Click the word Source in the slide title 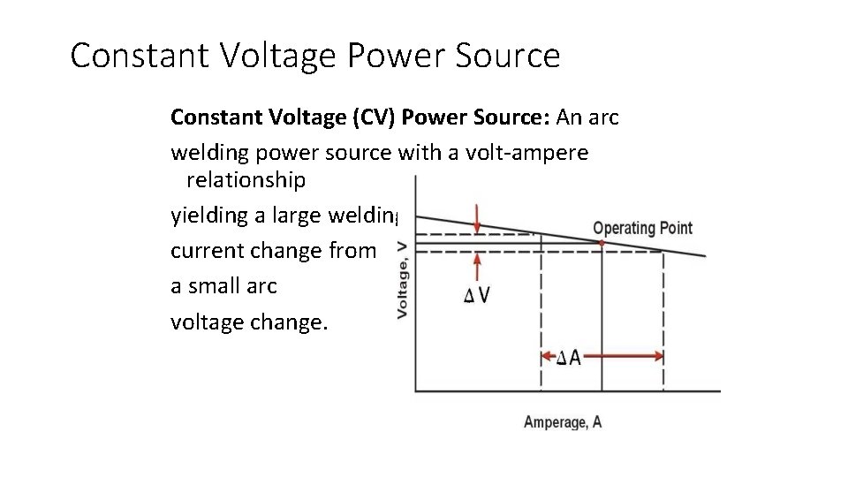[511, 56]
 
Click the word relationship [245, 181]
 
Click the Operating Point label [642, 228]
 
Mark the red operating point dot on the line [601, 241]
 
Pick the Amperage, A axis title [563, 422]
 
